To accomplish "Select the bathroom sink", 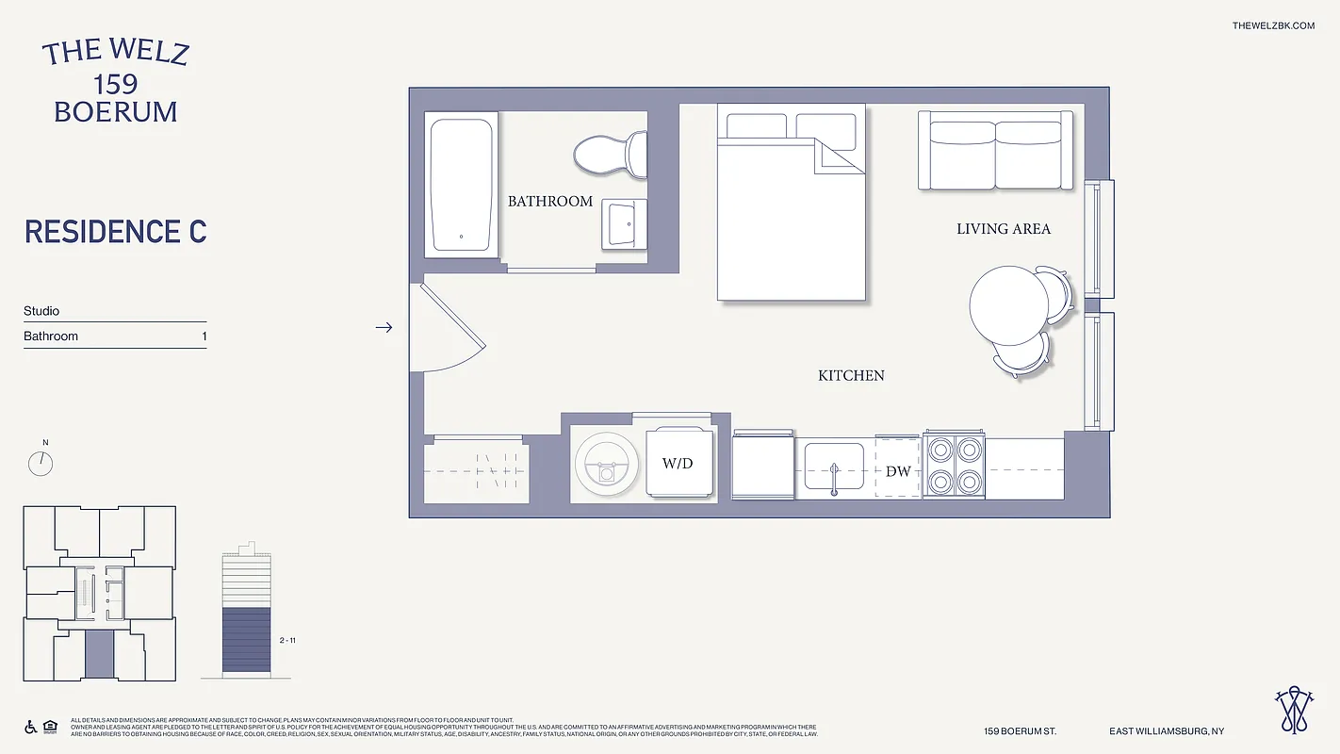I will pos(624,223).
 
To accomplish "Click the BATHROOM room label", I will pos(550,201).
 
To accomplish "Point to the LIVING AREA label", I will pos(1004,228).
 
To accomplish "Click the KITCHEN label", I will pos(851,375).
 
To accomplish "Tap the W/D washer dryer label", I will pos(678,464).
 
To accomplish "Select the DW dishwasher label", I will pos(898,470).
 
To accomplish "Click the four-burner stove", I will pos(954,465).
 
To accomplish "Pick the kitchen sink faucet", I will pos(834,476).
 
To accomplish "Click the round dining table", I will pos(1008,305).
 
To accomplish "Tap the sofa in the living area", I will pos(995,152).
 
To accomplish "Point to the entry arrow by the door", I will pos(384,327).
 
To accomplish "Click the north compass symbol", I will pos(41,463).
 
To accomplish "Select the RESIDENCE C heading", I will pos(115,232).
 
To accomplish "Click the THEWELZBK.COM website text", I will pos(1272,25).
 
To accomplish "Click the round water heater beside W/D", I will pos(607,464).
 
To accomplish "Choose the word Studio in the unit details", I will pos(41,311).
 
